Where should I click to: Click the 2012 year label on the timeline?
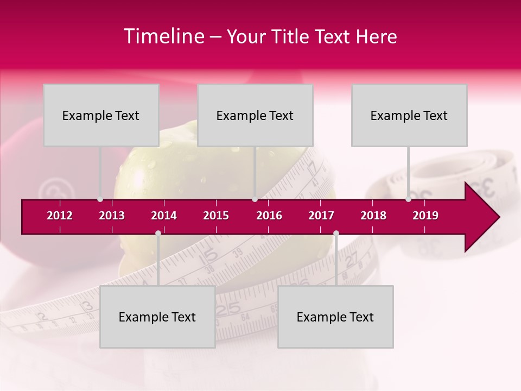tap(60, 216)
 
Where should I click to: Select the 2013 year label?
tap(112, 216)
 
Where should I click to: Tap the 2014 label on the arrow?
tap(164, 216)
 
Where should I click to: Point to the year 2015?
tap(216, 216)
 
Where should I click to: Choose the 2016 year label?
tap(269, 216)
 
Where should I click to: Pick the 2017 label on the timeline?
tap(321, 216)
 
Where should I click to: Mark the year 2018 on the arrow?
tap(373, 216)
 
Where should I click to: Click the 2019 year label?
tap(425, 216)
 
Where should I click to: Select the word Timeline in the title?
tap(163, 36)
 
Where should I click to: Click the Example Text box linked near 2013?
tap(101, 115)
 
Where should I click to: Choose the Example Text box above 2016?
tap(255, 115)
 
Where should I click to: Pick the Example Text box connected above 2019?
tap(409, 115)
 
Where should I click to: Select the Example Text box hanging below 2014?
tap(157, 317)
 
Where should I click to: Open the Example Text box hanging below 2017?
tap(335, 317)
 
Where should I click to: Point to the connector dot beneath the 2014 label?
tap(158, 233)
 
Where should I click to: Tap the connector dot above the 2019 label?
tap(408, 199)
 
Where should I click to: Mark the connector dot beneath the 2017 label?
tap(336, 233)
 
